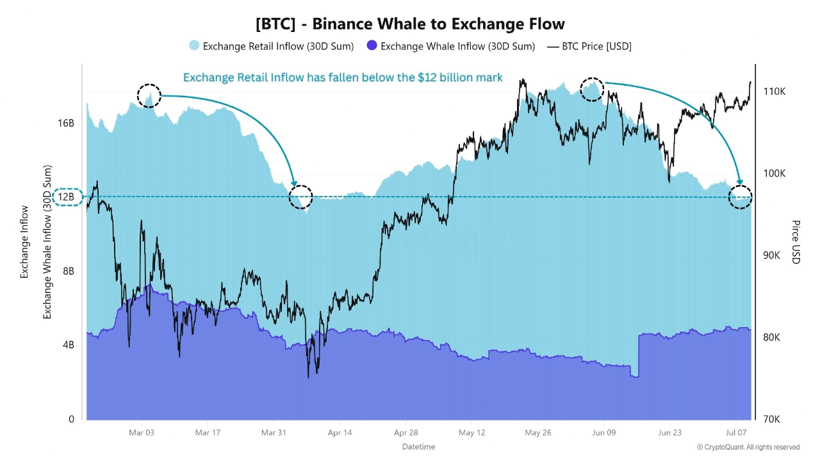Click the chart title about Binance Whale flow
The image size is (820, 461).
click(x=410, y=24)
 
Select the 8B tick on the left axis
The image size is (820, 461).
click(x=67, y=271)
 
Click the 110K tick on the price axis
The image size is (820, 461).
click(x=774, y=92)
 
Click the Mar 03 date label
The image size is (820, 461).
click(x=142, y=433)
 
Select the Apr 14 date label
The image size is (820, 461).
click(x=340, y=433)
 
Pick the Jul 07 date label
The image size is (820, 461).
click(x=737, y=433)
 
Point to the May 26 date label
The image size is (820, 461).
click(x=537, y=433)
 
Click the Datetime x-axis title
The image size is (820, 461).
click(x=418, y=446)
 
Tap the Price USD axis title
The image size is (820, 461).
click(x=796, y=241)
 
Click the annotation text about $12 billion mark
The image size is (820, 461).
click(x=343, y=77)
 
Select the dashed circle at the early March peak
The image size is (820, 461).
click(x=149, y=95)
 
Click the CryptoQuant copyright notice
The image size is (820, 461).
click(x=748, y=447)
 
